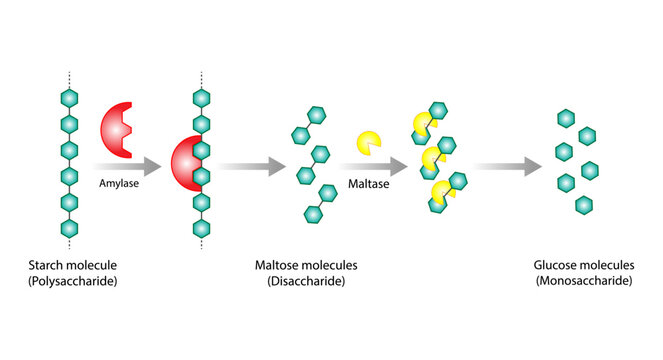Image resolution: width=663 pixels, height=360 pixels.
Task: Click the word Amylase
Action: coord(117,184)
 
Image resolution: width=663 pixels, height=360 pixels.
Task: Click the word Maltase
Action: coord(367,184)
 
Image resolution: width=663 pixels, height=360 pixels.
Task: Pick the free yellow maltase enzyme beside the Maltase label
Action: coord(369,143)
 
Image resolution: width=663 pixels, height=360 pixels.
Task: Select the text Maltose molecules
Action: coord(307,265)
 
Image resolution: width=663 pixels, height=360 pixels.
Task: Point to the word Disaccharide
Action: coord(307,282)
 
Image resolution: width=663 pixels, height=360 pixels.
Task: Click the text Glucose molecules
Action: coord(586,265)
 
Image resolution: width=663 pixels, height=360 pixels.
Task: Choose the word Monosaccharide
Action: coord(586,282)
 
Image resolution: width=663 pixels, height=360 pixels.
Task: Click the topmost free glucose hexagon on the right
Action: coord(566,119)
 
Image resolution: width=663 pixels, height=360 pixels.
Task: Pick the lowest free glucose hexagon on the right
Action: coord(585,205)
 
